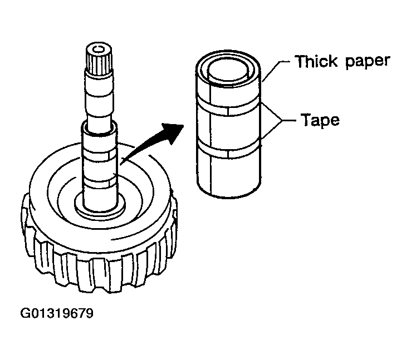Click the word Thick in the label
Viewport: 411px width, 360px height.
[x=316, y=62]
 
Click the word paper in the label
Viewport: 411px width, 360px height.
[x=368, y=62]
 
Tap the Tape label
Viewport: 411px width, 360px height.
[x=321, y=120]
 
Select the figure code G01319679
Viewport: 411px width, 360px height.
[x=57, y=313]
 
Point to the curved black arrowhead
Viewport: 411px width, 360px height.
[x=173, y=133]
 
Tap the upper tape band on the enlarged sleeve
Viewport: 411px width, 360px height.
[x=228, y=107]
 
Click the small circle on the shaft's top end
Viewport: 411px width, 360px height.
[x=99, y=49]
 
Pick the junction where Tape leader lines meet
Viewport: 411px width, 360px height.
[x=282, y=120]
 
